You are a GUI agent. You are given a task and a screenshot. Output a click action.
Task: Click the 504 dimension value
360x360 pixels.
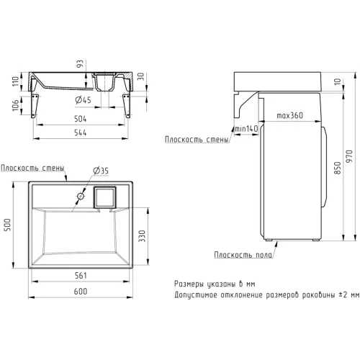80,119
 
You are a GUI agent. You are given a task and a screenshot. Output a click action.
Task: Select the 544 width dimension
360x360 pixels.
80,132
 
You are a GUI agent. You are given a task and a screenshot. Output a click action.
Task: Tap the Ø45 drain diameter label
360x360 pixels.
83,99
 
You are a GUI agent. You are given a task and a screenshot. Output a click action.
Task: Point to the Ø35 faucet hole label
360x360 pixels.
101,171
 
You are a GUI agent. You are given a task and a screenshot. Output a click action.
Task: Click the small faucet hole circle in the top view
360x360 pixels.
81,196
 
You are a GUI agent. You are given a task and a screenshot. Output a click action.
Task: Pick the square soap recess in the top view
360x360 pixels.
104,197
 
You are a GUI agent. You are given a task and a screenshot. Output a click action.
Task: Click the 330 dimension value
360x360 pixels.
142,235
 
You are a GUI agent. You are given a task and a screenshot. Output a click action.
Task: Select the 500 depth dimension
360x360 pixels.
8,225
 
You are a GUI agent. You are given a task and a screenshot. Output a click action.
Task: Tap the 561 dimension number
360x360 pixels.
81,275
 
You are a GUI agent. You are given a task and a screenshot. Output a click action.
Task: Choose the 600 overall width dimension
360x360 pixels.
81,291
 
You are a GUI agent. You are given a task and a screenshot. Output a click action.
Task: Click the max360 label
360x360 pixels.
289,115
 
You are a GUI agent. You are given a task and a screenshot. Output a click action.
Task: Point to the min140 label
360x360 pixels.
246,129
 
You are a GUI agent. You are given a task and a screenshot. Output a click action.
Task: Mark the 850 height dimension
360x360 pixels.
338,168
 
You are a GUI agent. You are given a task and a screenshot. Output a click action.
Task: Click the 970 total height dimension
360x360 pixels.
349,156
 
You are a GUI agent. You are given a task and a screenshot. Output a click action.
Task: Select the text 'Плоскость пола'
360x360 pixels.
243,255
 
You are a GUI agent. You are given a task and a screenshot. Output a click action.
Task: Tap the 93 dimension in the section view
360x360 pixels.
80,63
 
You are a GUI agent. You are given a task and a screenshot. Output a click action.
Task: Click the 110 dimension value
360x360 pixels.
15,81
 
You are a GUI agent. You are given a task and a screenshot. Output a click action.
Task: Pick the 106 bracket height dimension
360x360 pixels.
15,105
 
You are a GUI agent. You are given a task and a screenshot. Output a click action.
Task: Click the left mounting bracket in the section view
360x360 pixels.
35,106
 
